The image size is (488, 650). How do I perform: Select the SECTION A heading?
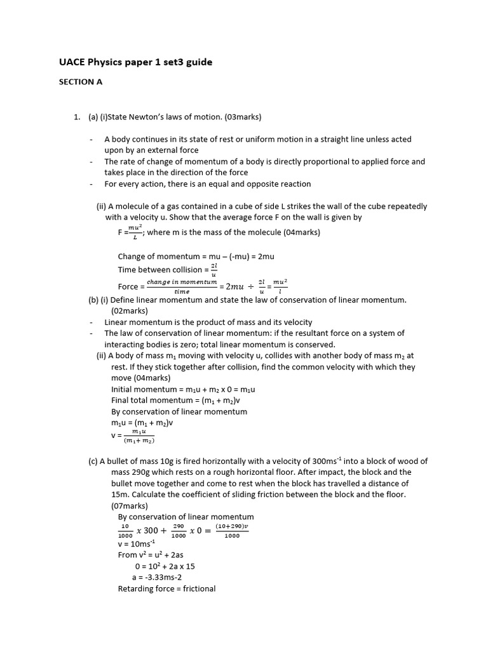click(x=81, y=82)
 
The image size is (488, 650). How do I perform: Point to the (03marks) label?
click(x=239, y=117)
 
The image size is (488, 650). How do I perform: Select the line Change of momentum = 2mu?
click(x=196, y=256)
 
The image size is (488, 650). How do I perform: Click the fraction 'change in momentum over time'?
click(x=181, y=286)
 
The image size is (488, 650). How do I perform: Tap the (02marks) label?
click(x=130, y=311)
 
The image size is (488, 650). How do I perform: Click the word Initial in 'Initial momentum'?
click(x=123, y=389)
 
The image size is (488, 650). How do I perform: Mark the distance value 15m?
click(x=120, y=494)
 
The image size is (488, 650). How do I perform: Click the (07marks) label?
click(x=130, y=506)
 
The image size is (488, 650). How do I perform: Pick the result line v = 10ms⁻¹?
click(x=137, y=544)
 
